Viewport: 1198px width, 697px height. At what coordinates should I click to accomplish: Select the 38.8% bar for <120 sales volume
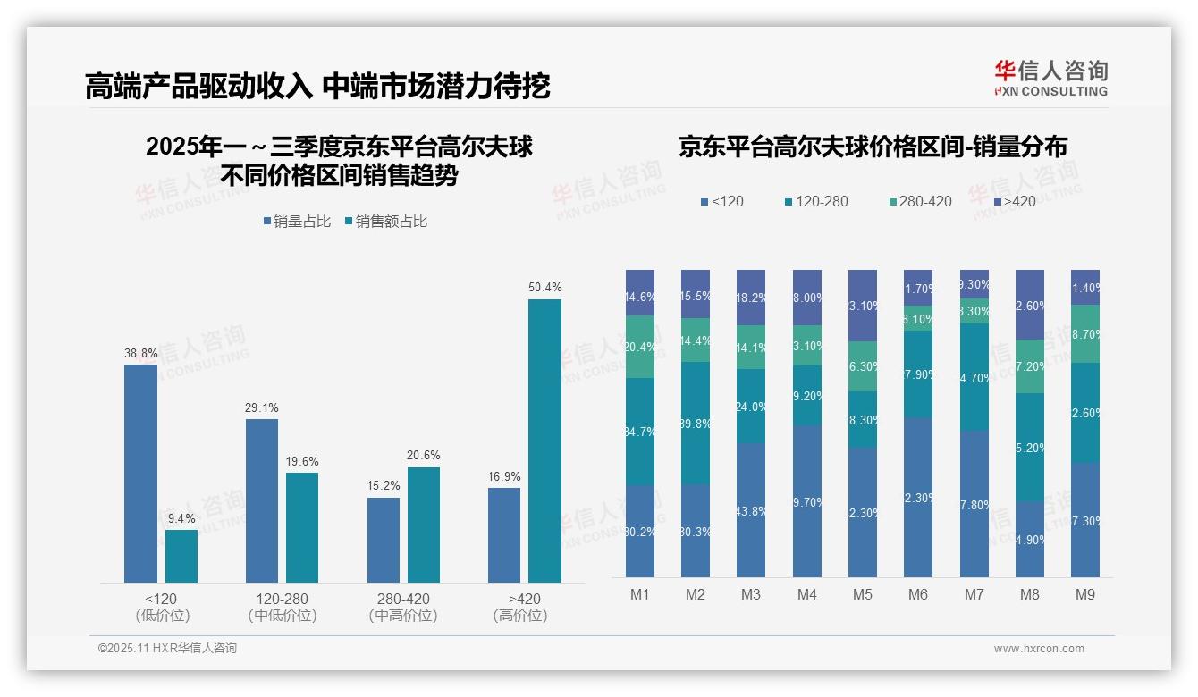click(140, 474)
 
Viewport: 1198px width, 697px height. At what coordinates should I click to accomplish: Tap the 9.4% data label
click(181, 518)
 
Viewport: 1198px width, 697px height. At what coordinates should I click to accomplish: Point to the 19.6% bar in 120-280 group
click(302, 527)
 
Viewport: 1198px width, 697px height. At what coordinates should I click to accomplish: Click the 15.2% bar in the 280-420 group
click(384, 540)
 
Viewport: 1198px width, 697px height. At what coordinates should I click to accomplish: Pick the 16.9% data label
click(504, 476)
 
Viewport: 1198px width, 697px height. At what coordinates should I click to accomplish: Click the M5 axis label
click(863, 594)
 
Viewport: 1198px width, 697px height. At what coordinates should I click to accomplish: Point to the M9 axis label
click(1084, 594)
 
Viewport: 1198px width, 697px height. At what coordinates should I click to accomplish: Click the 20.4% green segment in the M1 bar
click(640, 347)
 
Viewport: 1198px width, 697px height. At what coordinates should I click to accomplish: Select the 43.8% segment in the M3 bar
click(750, 509)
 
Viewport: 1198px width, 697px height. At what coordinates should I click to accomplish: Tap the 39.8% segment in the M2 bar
click(696, 423)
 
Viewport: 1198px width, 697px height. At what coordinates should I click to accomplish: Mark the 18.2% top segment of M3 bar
click(750, 298)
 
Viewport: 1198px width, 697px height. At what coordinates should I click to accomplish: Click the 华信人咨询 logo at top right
click(1050, 78)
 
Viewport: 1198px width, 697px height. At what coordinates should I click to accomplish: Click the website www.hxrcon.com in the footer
click(1039, 649)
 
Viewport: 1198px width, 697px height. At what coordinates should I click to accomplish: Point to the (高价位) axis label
click(519, 616)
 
